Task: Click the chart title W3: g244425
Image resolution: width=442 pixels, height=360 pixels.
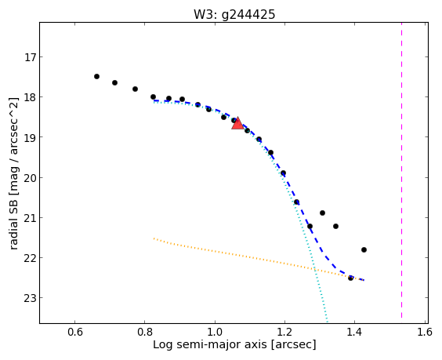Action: click(234, 14)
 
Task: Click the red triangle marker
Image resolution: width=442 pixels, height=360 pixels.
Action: click(237, 123)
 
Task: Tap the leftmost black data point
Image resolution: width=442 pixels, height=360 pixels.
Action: click(96, 76)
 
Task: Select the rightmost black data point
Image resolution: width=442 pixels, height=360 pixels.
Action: click(364, 249)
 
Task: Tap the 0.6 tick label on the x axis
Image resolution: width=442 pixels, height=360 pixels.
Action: click(75, 333)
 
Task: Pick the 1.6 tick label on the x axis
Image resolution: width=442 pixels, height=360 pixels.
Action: click(425, 333)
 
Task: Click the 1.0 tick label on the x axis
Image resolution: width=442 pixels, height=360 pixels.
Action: click(215, 333)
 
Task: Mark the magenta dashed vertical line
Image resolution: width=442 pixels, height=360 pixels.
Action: click(401, 173)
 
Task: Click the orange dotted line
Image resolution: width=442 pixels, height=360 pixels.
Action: click(259, 260)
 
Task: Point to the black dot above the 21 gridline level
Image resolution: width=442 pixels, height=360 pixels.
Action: click(322, 213)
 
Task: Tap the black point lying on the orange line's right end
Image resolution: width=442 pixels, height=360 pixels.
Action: click(350, 278)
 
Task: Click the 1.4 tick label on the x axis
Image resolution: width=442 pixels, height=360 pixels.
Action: click(354, 333)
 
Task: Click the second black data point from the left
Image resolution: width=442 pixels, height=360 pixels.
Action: click(114, 82)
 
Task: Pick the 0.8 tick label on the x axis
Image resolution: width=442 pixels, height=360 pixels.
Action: click(145, 333)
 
